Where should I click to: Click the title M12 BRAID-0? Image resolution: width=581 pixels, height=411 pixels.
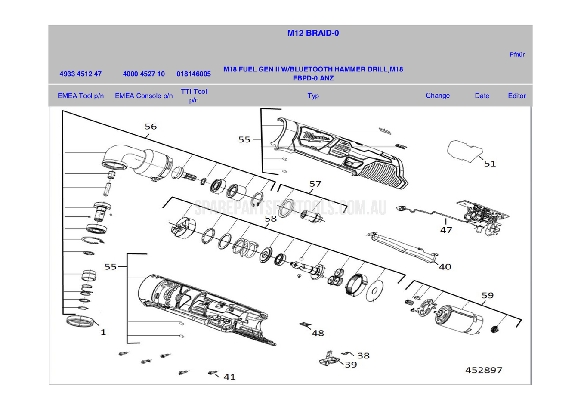point(313,33)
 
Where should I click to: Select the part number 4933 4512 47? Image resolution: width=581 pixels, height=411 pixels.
point(80,74)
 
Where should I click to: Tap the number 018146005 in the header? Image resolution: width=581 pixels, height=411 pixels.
point(194,74)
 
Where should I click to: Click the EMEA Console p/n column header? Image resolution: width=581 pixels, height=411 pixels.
point(144,96)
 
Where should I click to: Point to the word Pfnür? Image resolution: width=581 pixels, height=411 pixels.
point(517,55)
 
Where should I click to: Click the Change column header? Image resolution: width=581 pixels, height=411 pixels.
point(438,96)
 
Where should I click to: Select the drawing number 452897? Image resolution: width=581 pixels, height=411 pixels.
point(484,370)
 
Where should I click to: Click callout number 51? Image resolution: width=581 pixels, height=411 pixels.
point(490,164)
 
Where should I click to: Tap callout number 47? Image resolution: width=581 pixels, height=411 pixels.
point(446,230)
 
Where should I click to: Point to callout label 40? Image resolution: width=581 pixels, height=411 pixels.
point(445,267)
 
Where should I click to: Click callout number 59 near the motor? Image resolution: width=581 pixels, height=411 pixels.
point(487,296)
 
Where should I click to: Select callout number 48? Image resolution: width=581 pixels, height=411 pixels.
point(318,333)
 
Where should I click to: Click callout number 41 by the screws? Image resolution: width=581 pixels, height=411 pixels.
point(229,377)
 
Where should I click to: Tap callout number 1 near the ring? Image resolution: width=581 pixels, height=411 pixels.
point(103,332)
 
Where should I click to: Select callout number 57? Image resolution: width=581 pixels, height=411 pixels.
point(315,184)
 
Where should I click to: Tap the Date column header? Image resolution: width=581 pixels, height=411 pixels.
point(482,96)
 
